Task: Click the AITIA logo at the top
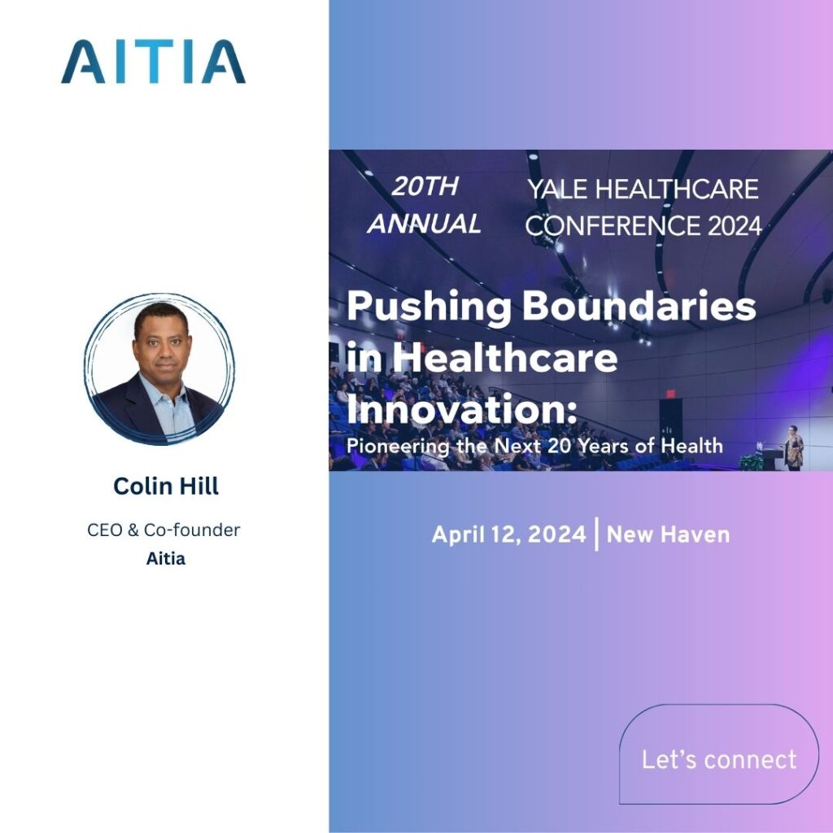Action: [x=153, y=63]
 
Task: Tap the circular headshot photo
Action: [x=159, y=369]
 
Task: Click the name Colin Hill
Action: [x=166, y=486]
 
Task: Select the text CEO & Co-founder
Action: [x=164, y=530]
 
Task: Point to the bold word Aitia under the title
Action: [x=166, y=560]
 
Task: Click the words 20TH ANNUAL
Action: [x=424, y=205]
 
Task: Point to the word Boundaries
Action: [x=639, y=307]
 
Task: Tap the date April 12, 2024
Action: [x=508, y=534]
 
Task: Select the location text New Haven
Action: [x=668, y=534]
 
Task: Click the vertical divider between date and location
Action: [x=597, y=534]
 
